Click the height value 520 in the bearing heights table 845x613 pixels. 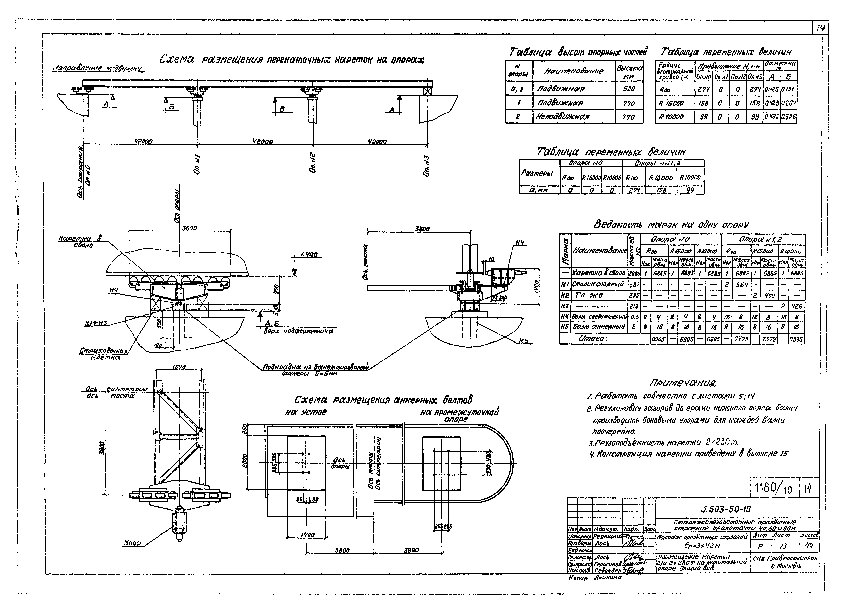pos(629,89)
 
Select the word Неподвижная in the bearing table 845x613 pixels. pos(563,117)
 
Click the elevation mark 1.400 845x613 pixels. pos(309,255)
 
